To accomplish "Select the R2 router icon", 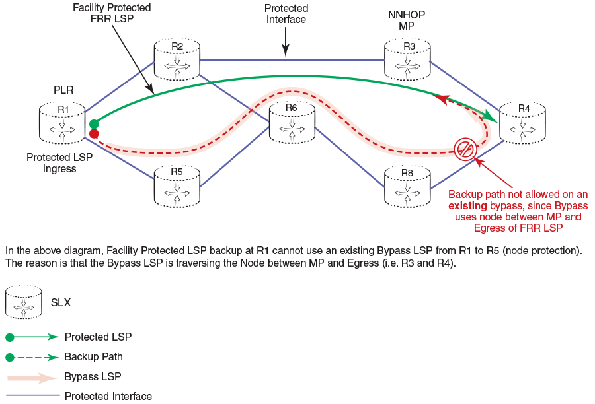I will pyautogui.click(x=177, y=58).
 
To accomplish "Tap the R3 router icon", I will pyautogui.click(x=408, y=58).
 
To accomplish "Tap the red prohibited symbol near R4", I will pyautogui.click(x=465, y=149).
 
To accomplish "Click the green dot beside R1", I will pyautogui.click(x=94, y=123).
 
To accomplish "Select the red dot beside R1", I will pyautogui.click(x=94, y=134).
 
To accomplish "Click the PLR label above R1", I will pyautogui.click(x=63, y=90).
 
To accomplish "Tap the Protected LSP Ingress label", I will pyautogui.click(x=59, y=163).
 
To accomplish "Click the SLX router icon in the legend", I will pyautogui.click(x=24, y=302).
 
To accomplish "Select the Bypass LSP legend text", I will pyautogui.click(x=93, y=377).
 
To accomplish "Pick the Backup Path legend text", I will pyautogui.click(x=93, y=357).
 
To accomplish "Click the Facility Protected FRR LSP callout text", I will pyautogui.click(x=112, y=13).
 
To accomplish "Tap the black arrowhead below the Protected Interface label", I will pyautogui.click(x=286, y=51).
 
